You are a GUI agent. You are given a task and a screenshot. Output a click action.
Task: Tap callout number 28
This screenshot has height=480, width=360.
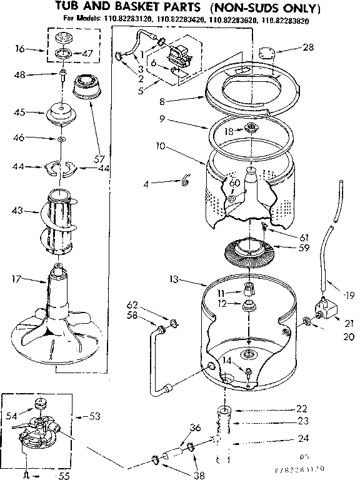tap(308, 47)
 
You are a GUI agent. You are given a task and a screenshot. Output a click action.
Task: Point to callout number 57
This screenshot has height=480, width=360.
tap(98, 159)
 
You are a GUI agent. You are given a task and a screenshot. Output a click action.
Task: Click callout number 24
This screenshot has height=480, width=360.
tap(302, 437)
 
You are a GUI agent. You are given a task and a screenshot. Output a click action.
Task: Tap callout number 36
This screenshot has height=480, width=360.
tap(195, 427)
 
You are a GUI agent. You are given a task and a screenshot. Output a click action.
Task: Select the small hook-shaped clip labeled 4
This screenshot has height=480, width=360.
tap(184, 182)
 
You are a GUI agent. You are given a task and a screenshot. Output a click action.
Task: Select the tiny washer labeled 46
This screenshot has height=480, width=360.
tap(61, 137)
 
